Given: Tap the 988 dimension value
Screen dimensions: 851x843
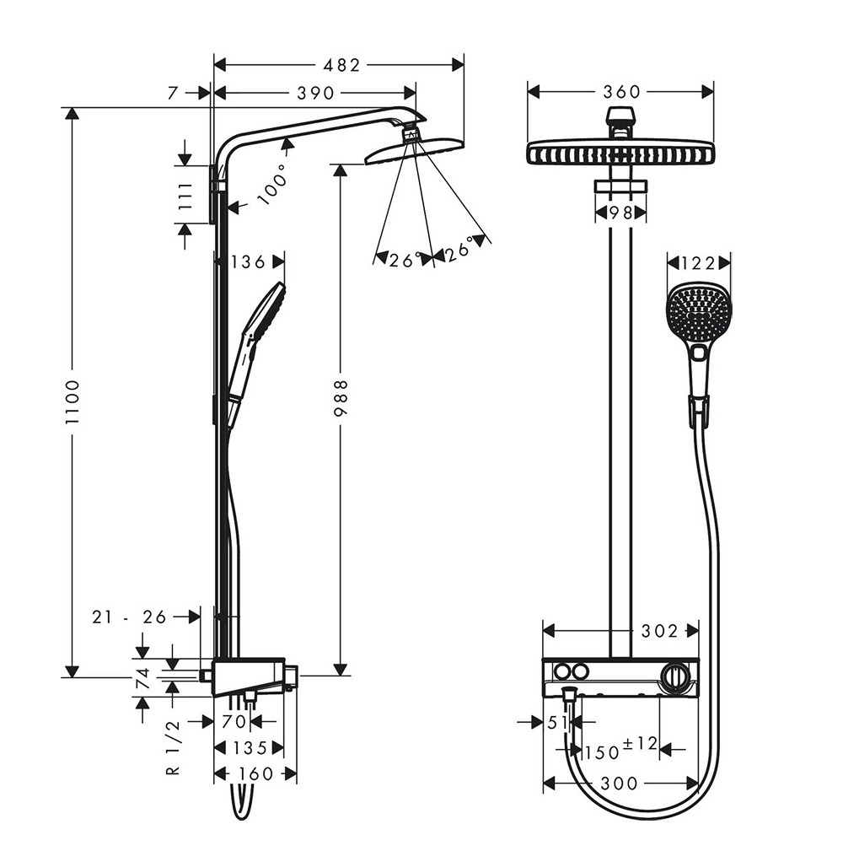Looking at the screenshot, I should tap(340, 397).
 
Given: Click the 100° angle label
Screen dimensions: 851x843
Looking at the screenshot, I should tap(271, 185).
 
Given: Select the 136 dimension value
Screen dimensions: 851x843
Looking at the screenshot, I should tap(248, 261).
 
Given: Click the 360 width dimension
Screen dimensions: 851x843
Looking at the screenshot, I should tap(622, 91).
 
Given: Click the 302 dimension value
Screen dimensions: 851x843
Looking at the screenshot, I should tap(660, 630).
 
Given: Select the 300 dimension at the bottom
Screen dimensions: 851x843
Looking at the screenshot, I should tap(620, 784).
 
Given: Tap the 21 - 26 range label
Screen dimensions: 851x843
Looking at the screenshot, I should tap(130, 617).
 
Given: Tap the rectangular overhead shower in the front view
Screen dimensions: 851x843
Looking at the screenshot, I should tap(620, 154).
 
